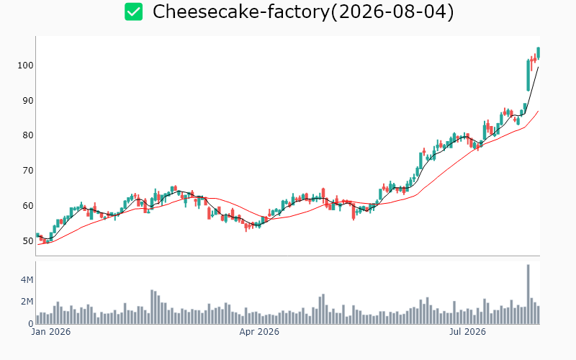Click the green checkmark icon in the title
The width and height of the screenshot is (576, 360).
click(133, 12)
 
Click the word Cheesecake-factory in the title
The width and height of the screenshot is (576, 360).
click(241, 12)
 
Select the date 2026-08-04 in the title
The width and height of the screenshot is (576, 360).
click(392, 12)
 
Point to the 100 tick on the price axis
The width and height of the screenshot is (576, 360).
click(25, 66)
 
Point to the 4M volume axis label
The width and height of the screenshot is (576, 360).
click(27, 280)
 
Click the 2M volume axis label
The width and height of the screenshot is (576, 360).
click(27, 302)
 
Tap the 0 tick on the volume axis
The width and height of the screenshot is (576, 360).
click(31, 324)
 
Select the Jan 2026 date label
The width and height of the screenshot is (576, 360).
click(51, 332)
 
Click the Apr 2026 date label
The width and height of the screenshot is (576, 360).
click(259, 332)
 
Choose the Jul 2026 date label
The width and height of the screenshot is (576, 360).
click(467, 332)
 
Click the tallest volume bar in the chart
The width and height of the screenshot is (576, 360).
click(528, 294)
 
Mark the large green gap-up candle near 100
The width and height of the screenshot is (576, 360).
click(528, 76)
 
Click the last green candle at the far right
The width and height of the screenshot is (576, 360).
click(538, 53)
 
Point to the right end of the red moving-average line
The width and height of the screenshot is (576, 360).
click(538, 111)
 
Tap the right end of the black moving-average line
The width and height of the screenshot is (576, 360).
click(538, 67)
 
